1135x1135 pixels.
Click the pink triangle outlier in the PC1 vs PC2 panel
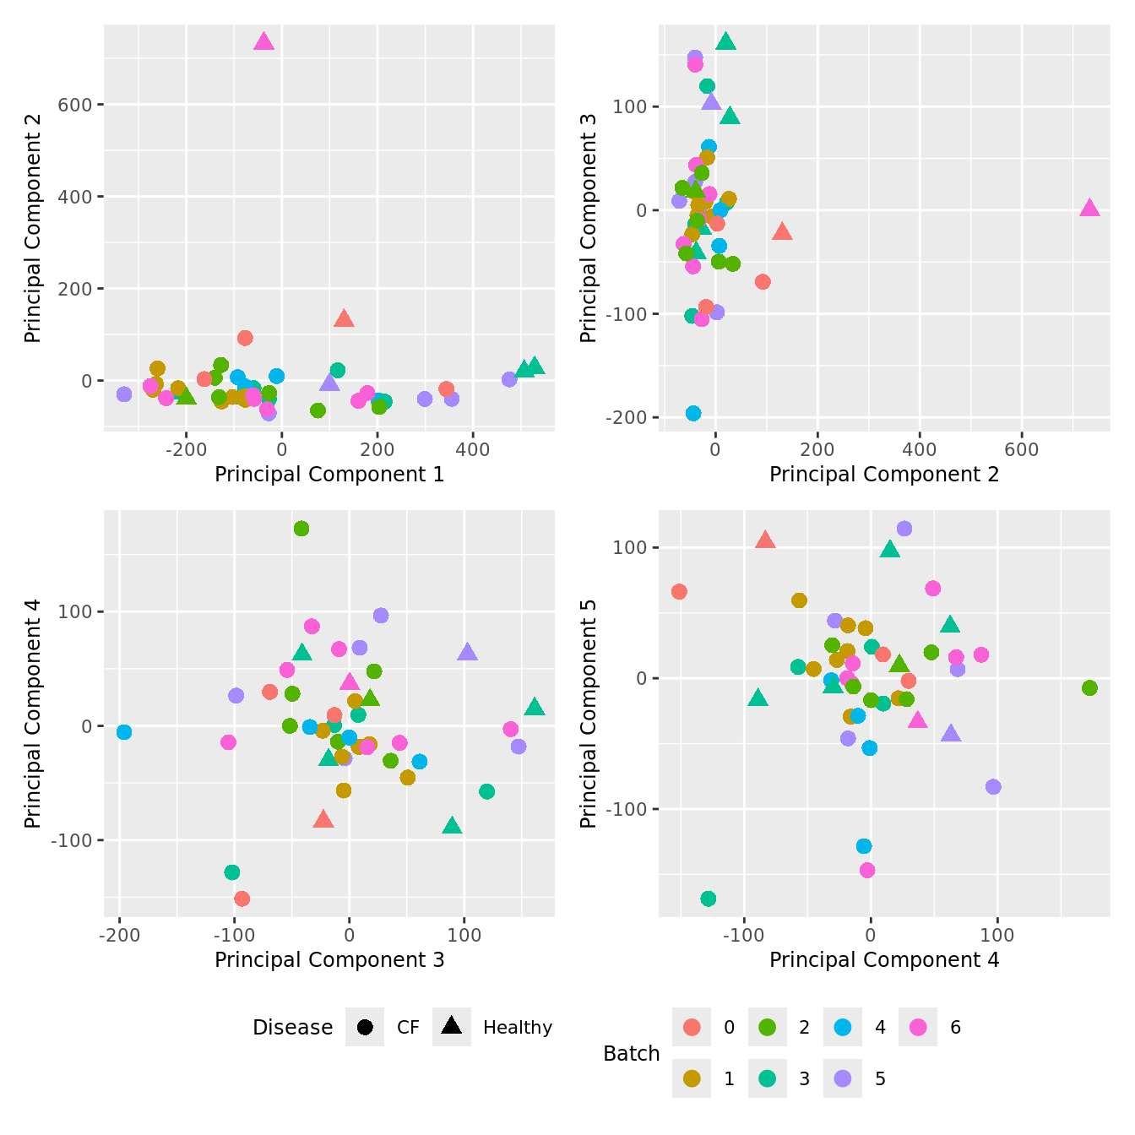coord(263,42)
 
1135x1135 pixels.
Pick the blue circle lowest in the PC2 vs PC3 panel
coord(693,413)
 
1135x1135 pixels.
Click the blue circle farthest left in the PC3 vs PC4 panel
coord(124,732)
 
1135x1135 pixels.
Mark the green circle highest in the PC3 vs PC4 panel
coord(301,529)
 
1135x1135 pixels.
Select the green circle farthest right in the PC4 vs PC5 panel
coord(1089,688)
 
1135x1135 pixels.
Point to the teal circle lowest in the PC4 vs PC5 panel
coord(709,899)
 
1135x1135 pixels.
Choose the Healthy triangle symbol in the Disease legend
coord(452,1026)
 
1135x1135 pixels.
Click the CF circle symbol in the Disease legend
coord(365,1027)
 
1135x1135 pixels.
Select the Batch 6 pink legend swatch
coord(918,1027)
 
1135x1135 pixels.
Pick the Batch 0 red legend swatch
coord(692,1027)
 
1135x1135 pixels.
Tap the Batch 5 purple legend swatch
coord(843,1078)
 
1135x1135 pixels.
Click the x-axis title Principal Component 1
coord(329,475)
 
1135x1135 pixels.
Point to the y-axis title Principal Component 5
coord(589,714)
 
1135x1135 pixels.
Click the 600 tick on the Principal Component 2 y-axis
coord(75,105)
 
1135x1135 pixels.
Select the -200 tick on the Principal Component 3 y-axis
coord(627,417)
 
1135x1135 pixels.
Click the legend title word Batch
coord(631,1053)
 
